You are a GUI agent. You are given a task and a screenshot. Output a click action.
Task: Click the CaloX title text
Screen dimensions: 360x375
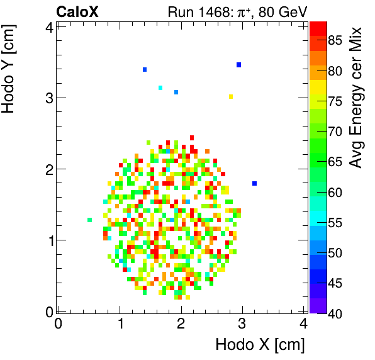[x=77, y=11]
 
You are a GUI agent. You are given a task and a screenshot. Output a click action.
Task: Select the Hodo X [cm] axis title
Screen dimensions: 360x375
[x=260, y=345]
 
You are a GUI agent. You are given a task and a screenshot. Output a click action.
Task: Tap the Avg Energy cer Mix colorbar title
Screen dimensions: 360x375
[x=356, y=98]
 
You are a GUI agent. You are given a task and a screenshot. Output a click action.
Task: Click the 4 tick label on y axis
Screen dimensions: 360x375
[x=48, y=27]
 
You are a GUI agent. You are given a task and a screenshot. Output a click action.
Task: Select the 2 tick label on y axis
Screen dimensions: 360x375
[x=48, y=169]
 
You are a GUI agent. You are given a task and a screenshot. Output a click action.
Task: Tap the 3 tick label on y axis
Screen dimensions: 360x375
[x=48, y=98]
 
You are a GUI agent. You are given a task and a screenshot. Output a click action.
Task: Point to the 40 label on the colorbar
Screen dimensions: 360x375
[x=335, y=313]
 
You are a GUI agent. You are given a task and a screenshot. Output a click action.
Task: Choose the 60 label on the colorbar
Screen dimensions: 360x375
[x=335, y=192]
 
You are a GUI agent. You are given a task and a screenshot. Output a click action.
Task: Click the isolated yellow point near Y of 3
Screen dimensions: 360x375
[x=231, y=96]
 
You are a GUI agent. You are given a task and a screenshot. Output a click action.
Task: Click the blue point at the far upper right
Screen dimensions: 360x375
[x=239, y=65]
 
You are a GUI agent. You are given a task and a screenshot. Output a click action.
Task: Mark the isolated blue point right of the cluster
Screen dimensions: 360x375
[x=254, y=183]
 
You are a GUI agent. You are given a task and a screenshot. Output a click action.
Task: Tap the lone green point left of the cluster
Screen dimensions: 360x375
[x=90, y=220]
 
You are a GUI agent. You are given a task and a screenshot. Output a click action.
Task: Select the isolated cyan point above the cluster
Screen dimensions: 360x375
[x=160, y=87]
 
